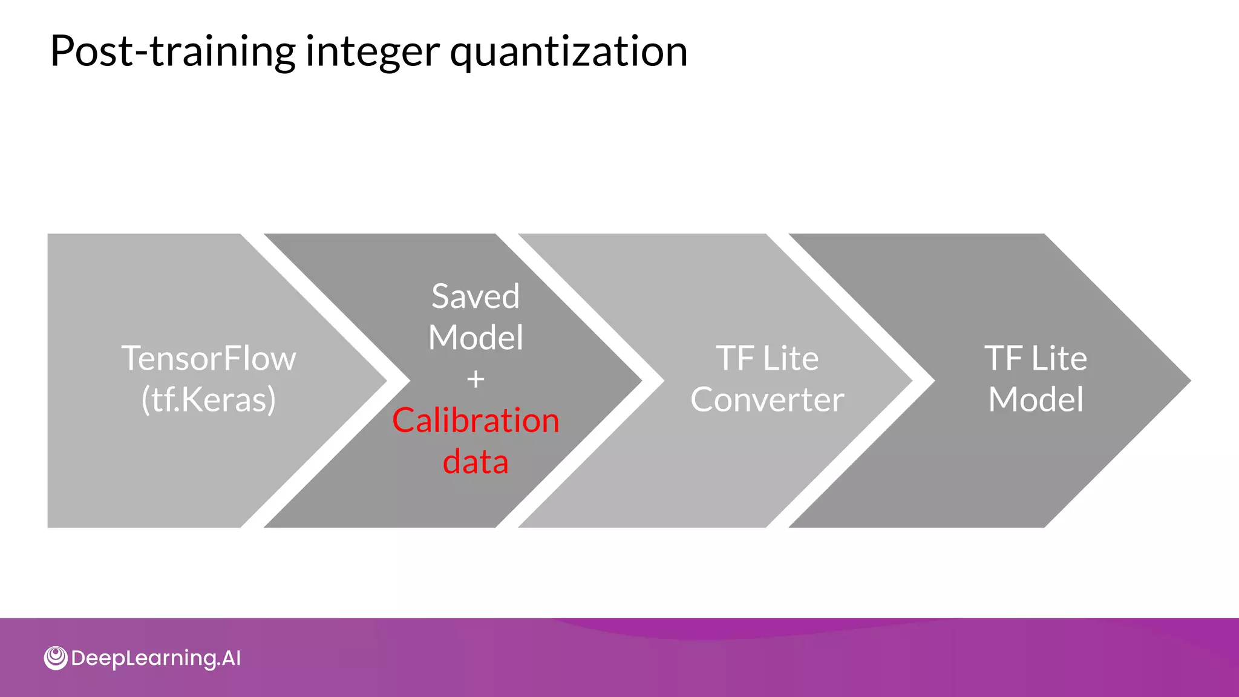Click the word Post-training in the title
(172, 51)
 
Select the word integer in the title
(373, 51)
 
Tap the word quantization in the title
(568, 51)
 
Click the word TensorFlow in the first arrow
(209, 358)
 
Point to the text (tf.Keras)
(209, 399)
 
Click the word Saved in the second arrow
(476, 296)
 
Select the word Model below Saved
(476, 337)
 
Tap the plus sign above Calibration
(476, 379)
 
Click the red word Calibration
(476, 420)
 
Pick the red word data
(476, 461)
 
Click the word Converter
(767, 399)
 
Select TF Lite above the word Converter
(767, 358)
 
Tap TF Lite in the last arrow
(1036, 358)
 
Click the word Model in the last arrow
(1036, 399)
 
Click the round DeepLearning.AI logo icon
(56, 658)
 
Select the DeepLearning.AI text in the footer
(155, 658)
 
